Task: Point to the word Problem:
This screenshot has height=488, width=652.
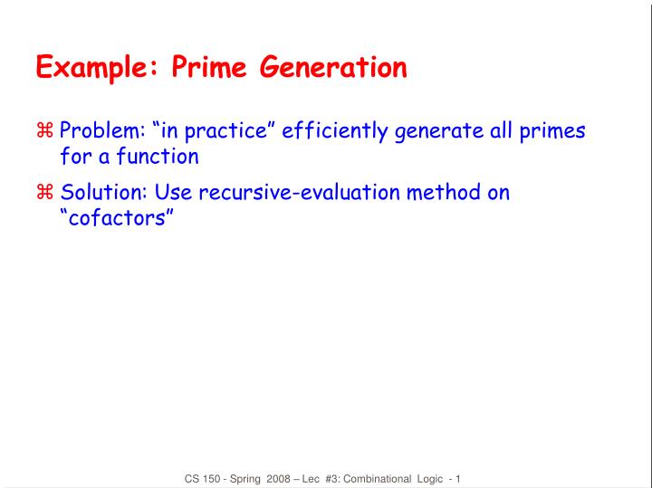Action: (x=100, y=132)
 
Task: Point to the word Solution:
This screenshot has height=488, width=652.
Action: (x=102, y=193)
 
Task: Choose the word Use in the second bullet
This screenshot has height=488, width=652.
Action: (x=172, y=193)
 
